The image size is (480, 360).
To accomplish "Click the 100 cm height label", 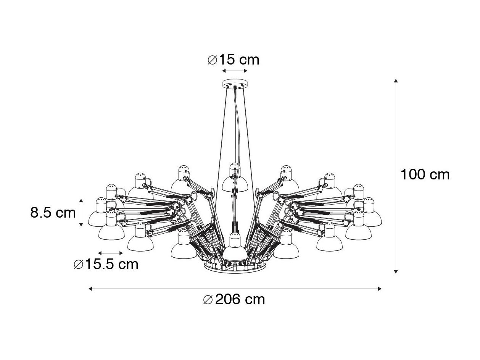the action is point(425,175).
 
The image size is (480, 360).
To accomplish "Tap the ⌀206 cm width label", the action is point(234,299).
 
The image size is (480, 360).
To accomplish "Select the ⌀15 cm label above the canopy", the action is point(234,60).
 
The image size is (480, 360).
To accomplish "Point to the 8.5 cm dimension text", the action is point(53,212).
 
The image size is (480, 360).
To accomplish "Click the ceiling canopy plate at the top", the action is point(235,84).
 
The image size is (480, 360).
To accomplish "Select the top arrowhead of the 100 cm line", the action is point(396,80).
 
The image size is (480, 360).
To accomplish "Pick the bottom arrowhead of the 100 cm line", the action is point(396,271).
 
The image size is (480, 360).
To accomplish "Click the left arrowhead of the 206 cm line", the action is point(90,289).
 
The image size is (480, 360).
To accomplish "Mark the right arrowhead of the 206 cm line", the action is point(380,289).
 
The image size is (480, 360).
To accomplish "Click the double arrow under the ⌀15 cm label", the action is point(235,71).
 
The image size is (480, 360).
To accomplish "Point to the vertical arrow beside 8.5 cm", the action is point(81,213).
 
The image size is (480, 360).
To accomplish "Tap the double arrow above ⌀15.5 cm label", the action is point(110,253).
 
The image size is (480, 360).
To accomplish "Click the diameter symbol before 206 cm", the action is point(208,300).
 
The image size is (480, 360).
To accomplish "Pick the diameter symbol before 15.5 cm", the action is point(78,265).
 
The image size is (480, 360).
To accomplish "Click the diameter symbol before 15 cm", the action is point(212,60).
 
